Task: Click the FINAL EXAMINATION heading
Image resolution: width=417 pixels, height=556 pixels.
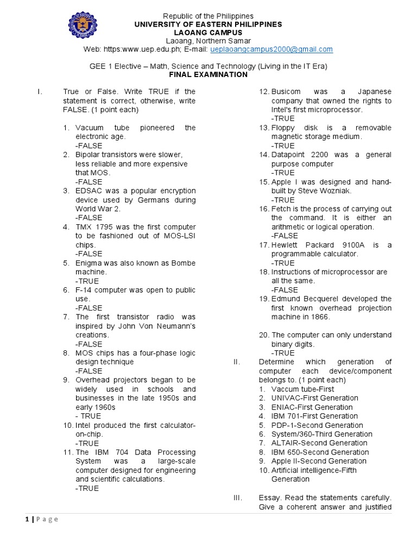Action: pyautogui.click(x=208, y=74)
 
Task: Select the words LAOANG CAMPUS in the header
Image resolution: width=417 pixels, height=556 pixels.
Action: pyautogui.click(x=209, y=33)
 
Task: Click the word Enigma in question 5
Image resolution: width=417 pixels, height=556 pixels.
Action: pyautogui.click(x=89, y=263)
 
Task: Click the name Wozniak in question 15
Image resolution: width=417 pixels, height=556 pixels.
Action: pyautogui.click(x=336, y=191)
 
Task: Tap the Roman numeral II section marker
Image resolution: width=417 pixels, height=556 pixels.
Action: pyautogui.click(x=237, y=362)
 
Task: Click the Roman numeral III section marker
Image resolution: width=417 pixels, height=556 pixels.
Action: pyautogui.click(x=238, y=497)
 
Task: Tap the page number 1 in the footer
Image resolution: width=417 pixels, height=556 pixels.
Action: pyautogui.click(x=26, y=519)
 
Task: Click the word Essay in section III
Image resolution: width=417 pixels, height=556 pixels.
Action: pyautogui.click(x=269, y=497)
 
